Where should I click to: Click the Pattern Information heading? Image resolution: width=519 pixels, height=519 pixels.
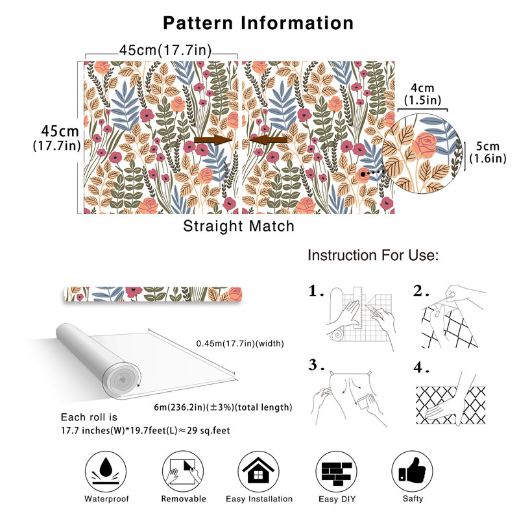(258, 23)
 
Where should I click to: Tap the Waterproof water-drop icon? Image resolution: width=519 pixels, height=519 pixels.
(106, 472)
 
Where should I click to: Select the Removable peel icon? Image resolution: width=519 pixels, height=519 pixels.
(183, 472)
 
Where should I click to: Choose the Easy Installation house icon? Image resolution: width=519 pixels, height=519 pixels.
(258, 472)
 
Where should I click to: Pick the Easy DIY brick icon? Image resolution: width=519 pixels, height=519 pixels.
(337, 472)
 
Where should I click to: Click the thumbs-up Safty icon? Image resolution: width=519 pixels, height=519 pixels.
(413, 472)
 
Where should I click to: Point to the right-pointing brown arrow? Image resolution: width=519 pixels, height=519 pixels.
(213, 139)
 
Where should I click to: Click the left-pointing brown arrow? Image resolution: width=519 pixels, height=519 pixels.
(269, 139)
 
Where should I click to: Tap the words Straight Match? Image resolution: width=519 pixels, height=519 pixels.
(239, 226)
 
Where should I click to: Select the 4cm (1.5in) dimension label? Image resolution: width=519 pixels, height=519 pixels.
(423, 94)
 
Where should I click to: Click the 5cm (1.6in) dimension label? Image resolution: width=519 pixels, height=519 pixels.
(488, 152)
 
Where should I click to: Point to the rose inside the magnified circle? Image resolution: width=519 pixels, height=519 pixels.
(424, 144)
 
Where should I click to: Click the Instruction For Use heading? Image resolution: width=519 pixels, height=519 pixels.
(373, 256)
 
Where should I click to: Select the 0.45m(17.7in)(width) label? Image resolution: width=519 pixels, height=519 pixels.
(240, 344)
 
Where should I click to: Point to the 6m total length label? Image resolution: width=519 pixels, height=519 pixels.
(223, 407)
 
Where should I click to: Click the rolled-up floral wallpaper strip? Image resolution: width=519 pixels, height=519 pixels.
(152, 295)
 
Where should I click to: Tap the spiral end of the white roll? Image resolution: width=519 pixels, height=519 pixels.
(122, 380)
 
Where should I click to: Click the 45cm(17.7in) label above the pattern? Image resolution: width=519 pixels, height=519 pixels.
(165, 51)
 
